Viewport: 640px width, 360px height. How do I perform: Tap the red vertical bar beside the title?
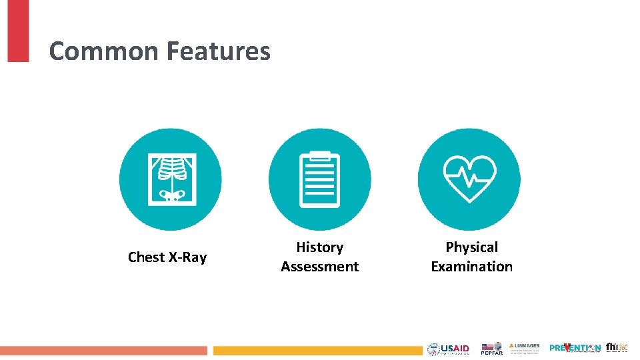coord(18,31)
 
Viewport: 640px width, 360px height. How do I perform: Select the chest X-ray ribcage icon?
coord(171,179)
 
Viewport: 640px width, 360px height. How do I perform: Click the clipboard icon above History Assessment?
coord(320,179)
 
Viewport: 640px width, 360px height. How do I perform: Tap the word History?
coord(320,247)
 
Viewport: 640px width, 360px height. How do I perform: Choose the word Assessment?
coord(320,267)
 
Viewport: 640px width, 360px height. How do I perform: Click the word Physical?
coord(471,247)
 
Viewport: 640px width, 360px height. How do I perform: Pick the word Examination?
coord(471,267)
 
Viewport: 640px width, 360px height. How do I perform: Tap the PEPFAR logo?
coord(492,349)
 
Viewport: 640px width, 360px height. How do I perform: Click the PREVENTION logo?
coord(575,348)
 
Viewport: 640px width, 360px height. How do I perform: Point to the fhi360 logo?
coord(616,347)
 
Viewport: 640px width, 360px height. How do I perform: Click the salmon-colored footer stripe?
coord(103,351)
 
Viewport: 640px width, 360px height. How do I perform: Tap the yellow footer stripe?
coord(317,351)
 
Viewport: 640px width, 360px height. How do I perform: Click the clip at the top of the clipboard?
coord(320,155)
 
